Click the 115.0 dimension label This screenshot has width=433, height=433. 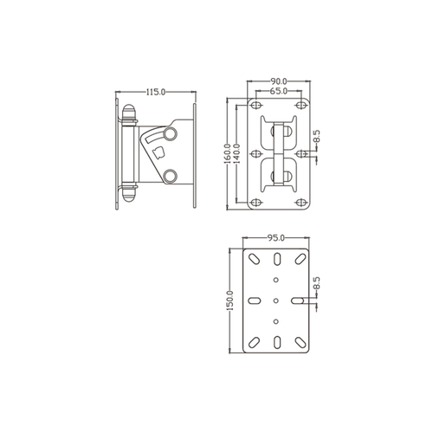coord(155,90)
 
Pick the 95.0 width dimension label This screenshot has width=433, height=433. coord(276,236)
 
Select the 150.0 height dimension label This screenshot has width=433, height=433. coord(230,301)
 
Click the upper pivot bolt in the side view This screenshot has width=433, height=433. coord(169,132)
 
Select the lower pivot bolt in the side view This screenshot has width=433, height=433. coord(169,176)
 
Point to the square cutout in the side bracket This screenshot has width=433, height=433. coord(158,153)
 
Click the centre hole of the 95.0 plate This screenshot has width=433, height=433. coord(276,301)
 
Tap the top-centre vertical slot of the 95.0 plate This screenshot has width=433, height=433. coord(276,259)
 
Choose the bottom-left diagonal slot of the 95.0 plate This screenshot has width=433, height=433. coord(254,342)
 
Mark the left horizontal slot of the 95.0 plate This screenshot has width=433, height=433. coord(254,301)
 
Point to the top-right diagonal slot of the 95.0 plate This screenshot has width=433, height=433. coord(299,259)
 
